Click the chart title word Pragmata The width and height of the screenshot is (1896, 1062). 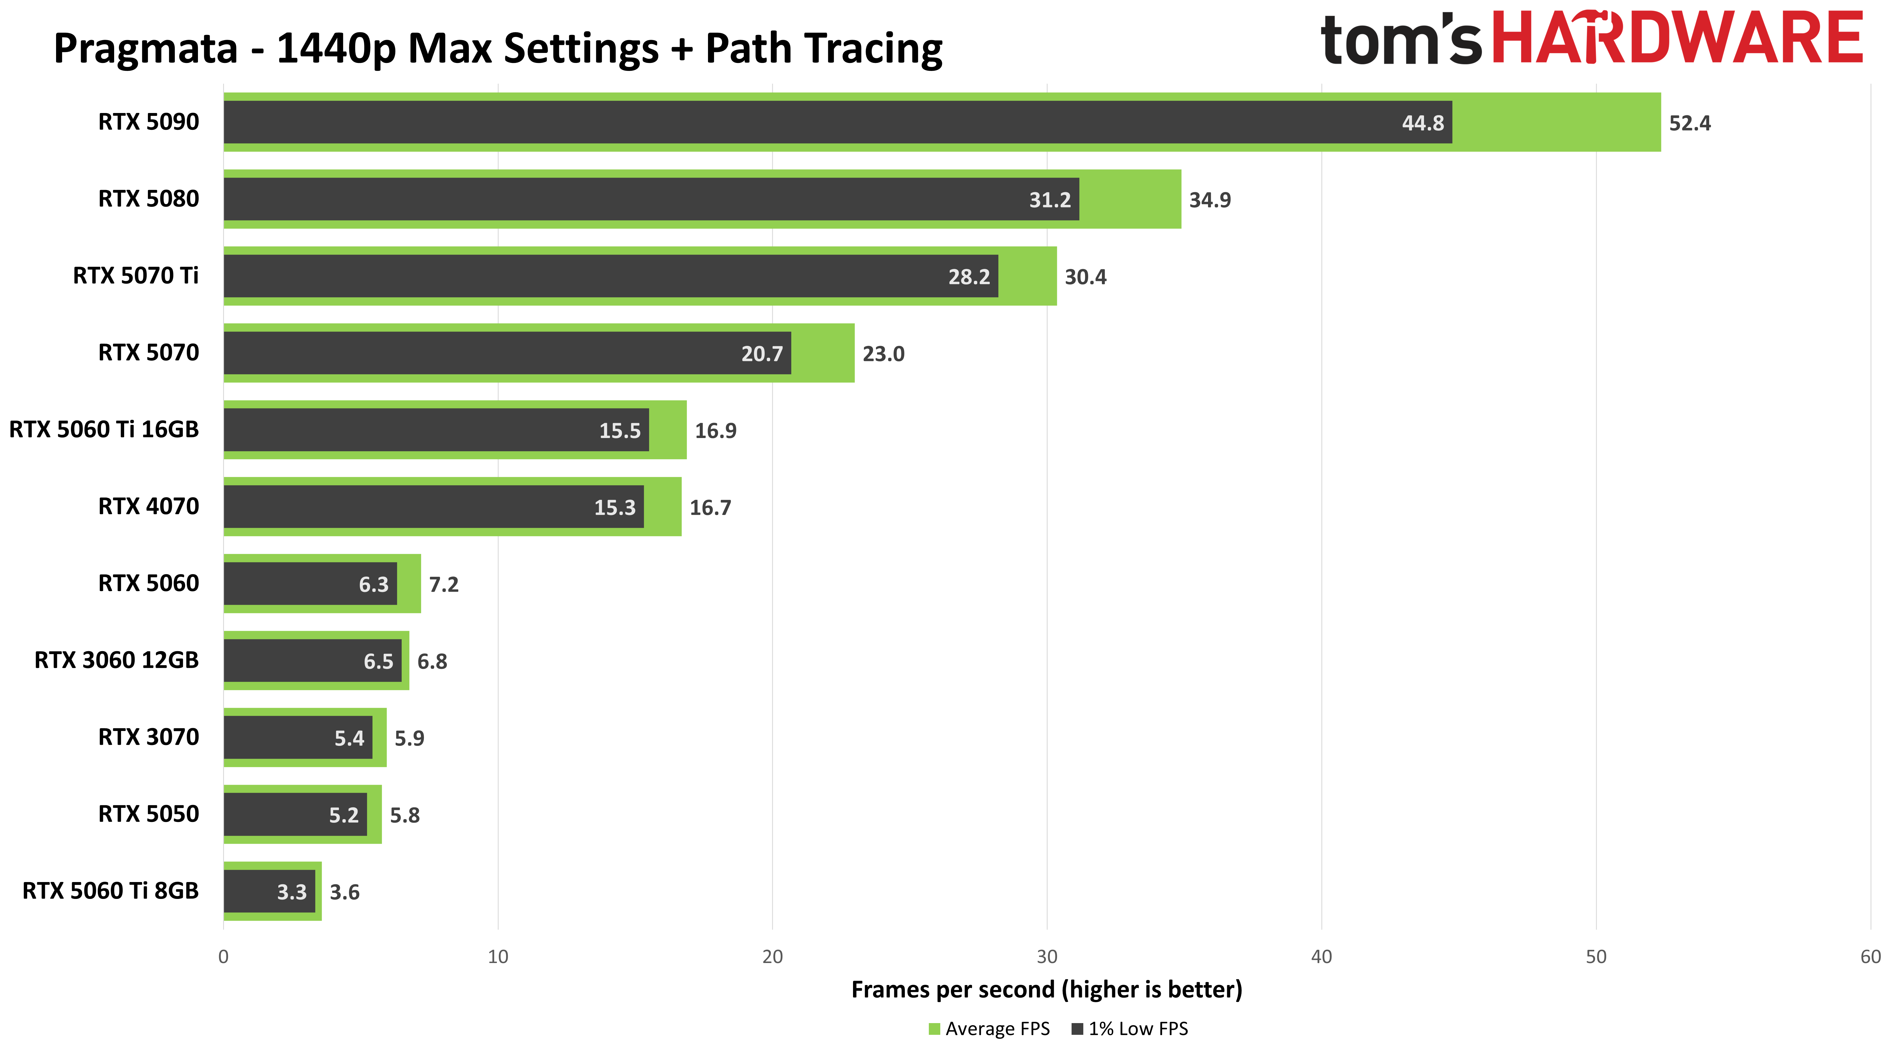coord(146,49)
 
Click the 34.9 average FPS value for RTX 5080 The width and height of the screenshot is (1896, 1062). coord(1209,200)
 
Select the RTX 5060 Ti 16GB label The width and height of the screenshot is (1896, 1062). coord(104,430)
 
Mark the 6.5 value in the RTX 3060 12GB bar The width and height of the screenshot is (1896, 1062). coord(378,662)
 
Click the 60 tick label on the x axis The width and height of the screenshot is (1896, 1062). coord(1869,957)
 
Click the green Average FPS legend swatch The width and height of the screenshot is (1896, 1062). coord(934,1029)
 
